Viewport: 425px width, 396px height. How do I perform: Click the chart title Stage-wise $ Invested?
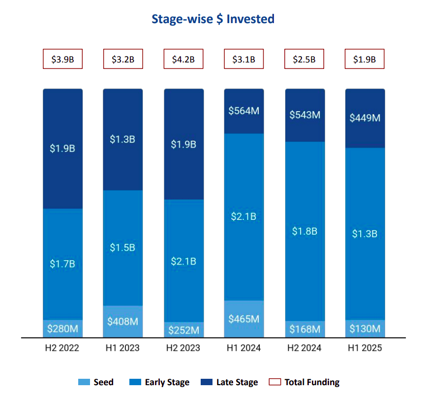[x=212, y=19]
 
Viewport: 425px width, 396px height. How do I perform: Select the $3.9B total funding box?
[x=62, y=60]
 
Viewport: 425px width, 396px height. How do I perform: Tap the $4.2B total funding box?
[x=183, y=60]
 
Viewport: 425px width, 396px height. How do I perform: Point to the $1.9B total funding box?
[x=364, y=60]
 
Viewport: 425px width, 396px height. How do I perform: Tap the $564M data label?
[x=243, y=111]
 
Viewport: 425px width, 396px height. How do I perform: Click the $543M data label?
[x=304, y=115]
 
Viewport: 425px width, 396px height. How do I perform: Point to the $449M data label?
[x=364, y=118]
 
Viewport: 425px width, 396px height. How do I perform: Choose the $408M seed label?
[x=122, y=322]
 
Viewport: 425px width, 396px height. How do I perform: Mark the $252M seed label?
[x=183, y=330]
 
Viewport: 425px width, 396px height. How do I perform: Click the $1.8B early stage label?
[x=304, y=231]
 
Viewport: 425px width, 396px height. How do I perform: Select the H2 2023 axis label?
[x=183, y=348]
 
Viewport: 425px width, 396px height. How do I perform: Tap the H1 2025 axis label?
[x=364, y=348]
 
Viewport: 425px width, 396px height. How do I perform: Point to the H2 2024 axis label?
[x=304, y=348]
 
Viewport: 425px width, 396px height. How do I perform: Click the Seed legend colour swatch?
[x=84, y=382]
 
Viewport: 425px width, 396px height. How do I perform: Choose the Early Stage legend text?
[x=167, y=382]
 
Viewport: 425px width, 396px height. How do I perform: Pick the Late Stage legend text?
[x=237, y=382]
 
